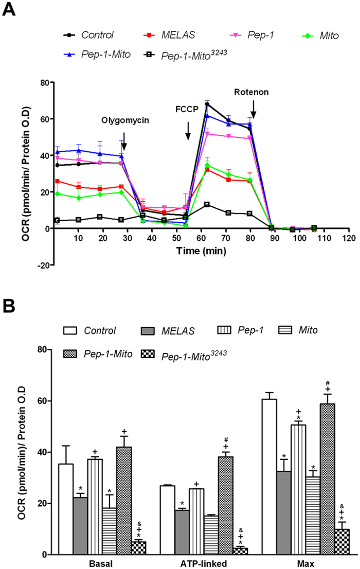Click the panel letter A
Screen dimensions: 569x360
coord(9,10)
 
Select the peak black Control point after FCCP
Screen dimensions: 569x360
coord(207,104)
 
